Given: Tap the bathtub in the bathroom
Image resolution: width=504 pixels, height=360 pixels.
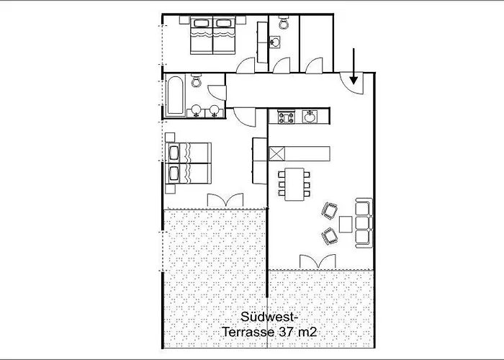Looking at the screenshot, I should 174,96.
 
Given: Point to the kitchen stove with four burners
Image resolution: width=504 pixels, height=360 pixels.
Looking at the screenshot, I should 283,117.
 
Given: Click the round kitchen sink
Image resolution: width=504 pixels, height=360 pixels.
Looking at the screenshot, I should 310,116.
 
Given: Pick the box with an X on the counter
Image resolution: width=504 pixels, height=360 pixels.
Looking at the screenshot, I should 277,153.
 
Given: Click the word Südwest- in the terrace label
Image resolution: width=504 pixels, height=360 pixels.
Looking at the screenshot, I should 267,317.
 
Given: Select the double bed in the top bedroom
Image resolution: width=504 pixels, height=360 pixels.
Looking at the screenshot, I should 214,37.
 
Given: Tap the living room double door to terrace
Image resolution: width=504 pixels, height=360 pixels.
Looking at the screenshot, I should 317,261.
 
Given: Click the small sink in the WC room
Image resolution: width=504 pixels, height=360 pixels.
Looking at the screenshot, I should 274,42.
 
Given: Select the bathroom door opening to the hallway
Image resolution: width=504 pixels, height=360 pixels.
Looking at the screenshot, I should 216,92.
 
